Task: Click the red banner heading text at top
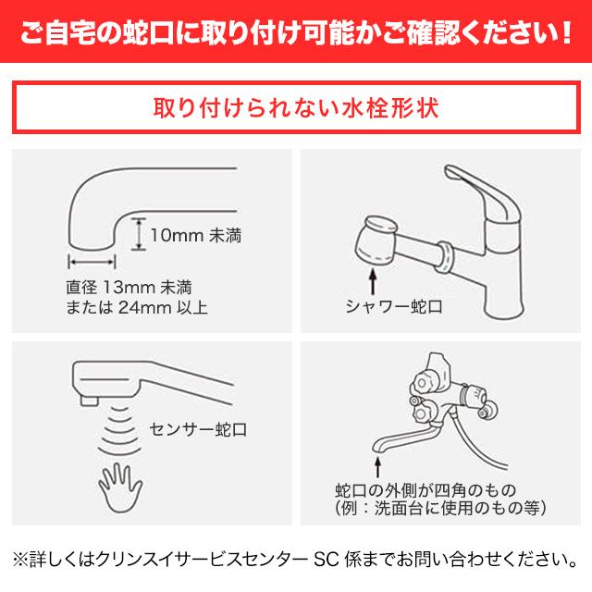coord(296,35)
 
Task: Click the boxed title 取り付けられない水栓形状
coord(296,106)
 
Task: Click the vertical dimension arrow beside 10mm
coord(138,234)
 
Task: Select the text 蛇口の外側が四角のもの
coord(425,489)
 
